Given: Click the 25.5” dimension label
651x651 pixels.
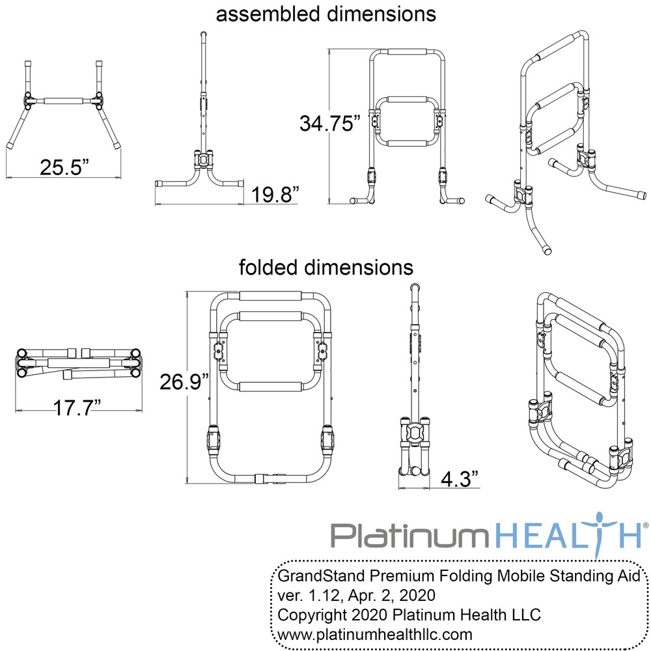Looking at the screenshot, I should coord(64,167).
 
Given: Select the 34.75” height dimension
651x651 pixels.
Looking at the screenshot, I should coord(329,123).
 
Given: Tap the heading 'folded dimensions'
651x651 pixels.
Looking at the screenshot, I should coord(325,267).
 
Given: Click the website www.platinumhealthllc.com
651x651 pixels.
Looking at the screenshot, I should coord(376,633).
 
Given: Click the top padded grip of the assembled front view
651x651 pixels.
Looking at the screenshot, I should coord(408,52).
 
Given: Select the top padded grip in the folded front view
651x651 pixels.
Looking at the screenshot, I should coord(270,296).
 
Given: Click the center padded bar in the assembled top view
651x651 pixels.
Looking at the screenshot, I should coord(63,102).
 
